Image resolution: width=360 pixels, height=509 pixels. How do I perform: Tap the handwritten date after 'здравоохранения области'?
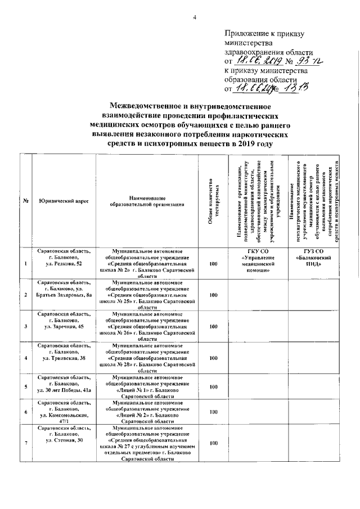click(x=256, y=61)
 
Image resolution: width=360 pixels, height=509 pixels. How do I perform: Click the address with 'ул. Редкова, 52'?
click(x=65, y=263)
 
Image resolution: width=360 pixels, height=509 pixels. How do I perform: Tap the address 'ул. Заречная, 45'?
click(x=65, y=326)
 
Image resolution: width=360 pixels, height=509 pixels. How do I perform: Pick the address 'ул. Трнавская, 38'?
click(x=65, y=358)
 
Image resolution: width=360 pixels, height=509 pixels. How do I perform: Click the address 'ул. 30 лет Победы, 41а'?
click(x=65, y=389)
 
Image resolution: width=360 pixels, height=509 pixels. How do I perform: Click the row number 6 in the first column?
click(x=26, y=412)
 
